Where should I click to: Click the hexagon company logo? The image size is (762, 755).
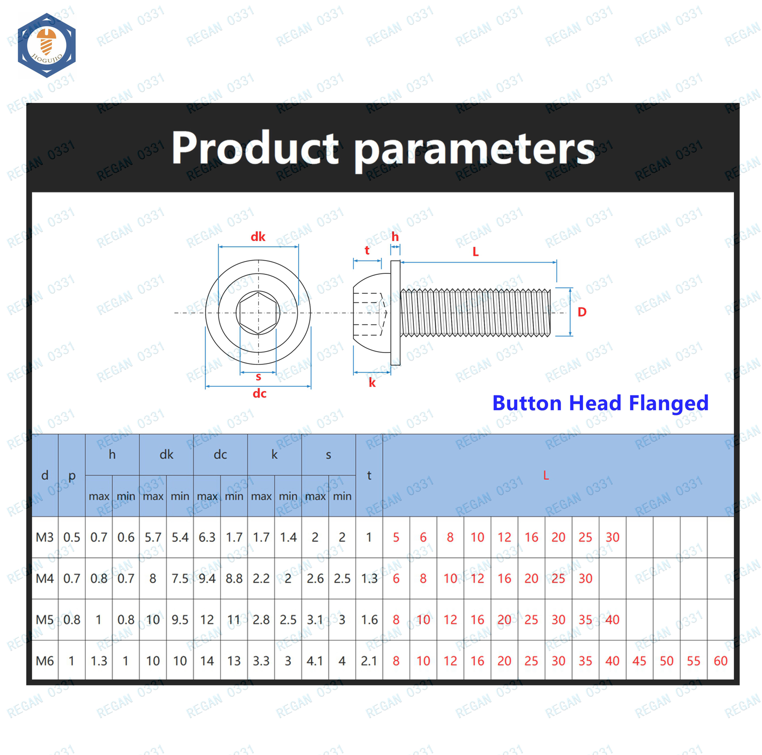pyautogui.click(x=47, y=46)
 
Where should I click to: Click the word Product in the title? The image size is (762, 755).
pyautogui.click(x=255, y=148)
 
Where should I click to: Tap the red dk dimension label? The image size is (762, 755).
pyautogui.click(x=258, y=237)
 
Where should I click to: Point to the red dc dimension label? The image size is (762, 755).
pyautogui.click(x=260, y=393)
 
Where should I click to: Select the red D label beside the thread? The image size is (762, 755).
pyautogui.click(x=582, y=312)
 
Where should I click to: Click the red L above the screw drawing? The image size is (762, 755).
pyautogui.click(x=475, y=252)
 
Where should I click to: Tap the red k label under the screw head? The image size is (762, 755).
pyautogui.click(x=372, y=383)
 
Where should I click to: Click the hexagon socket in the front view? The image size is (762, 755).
pyautogui.click(x=258, y=313)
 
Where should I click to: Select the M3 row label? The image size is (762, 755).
pyautogui.click(x=45, y=537)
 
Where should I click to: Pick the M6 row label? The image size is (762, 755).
pyautogui.click(x=45, y=661)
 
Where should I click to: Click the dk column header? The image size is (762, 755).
pyautogui.click(x=166, y=454)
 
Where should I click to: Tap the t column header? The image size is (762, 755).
pyautogui.click(x=369, y=475)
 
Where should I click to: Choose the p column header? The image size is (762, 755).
pyautogui.click(x=72, y=476)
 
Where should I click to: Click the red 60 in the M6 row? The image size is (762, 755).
pyautogui.click(x=721, y=661)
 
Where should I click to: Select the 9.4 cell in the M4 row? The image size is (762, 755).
pyautogui.click(x=207, y=579)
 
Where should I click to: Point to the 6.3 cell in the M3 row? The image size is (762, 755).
pyautogui.click(x=207, y=537)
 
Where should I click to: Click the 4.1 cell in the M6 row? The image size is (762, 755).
pyautogui.click(x=315, y=661)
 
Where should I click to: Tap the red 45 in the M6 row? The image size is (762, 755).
pyautogui.click(x=639, y=661)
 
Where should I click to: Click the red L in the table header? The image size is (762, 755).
pyautogui.click(x=546, y=475)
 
